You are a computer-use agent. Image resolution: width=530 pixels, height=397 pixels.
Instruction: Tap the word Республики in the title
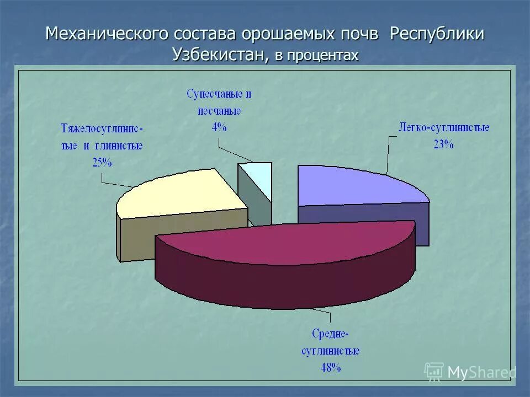tap(437, 34)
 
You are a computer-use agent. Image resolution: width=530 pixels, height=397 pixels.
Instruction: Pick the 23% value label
tap(443, 144)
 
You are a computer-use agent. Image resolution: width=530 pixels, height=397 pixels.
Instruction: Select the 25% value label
tap(102, 163)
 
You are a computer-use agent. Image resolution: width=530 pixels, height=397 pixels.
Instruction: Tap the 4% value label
tap(219, 127)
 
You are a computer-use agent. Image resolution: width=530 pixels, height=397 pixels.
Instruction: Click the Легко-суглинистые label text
tap(444, 128)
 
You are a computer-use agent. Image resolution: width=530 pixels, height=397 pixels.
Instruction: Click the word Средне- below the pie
tap(330, 334)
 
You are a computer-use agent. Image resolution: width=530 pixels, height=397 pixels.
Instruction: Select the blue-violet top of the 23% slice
tap(353, 185)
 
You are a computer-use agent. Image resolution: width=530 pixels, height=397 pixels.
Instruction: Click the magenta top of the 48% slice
tap(287, 243)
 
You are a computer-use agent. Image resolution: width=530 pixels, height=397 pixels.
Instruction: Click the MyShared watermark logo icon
tap(434, 372)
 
